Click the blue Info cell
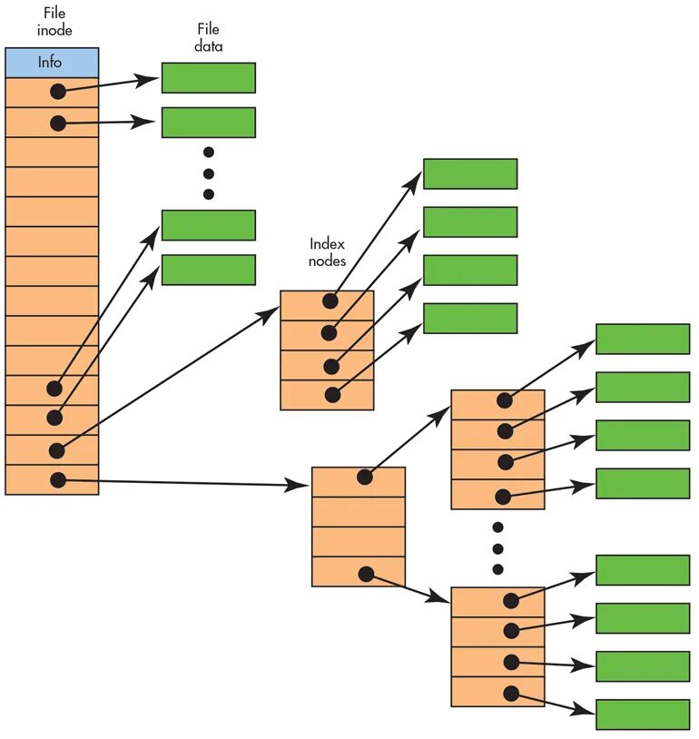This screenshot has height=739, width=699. coord(52,63)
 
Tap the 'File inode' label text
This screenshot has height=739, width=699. coord(54,22)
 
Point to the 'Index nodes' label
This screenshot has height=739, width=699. coord(328,252)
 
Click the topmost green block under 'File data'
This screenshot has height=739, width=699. coord(208,78)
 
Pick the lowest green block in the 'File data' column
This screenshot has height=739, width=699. coord(208,270)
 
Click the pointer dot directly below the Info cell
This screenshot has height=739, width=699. coord(58,92)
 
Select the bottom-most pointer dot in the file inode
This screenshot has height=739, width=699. coord(58,479)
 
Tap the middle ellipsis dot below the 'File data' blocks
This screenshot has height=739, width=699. coord(208,173)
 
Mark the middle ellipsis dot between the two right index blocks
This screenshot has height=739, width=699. coord(497,548)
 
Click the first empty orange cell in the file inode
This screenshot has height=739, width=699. coord(52,152)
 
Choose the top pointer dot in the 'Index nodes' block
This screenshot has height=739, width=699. coord(330,301)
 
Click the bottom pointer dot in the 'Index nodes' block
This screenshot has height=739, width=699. coord(332,395)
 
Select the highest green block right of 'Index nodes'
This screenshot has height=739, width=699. coord(469,173)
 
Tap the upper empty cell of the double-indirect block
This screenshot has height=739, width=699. coord(358,511)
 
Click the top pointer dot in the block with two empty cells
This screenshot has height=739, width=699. coord(365,477)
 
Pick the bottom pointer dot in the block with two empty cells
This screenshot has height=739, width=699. coord(366,574)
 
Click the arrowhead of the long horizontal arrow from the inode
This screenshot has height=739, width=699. coord(299,485)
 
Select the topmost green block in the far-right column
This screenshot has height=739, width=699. coord(642,339)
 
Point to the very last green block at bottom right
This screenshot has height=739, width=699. coord(642,714)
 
